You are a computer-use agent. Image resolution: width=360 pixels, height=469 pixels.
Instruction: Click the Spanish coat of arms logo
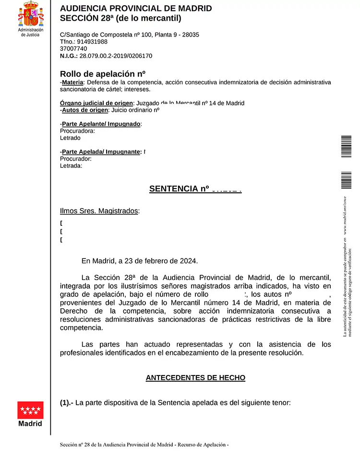pos(31,14)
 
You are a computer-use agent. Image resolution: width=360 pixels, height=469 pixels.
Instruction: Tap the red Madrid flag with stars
pos(30,410)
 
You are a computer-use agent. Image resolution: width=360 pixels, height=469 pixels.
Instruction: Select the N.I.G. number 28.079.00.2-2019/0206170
pos(116,56)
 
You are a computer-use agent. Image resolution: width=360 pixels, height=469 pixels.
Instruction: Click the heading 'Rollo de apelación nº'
pos(102,74)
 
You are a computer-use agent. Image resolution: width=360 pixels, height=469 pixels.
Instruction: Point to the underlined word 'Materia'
pos(72,82)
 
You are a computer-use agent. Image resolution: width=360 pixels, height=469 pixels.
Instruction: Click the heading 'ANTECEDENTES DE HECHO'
pos(195,378)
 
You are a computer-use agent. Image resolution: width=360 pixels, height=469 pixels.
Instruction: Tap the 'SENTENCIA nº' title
pos(180,189)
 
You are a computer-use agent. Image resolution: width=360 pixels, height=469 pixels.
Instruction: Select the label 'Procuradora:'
pos(77,131)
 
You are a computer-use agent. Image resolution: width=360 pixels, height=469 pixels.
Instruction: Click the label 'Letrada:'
pos(71,166)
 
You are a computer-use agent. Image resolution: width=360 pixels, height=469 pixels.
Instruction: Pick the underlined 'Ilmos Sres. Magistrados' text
pos(99,211)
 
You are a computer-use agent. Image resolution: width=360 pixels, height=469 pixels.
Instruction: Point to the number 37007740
pos(73,48)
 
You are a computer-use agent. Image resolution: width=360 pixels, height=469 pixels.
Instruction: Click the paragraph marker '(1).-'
pos(67,403)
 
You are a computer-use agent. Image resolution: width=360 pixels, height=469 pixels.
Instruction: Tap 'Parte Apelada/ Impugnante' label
pos(101,152)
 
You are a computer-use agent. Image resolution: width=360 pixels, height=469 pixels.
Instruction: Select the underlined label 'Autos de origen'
pos(85,110)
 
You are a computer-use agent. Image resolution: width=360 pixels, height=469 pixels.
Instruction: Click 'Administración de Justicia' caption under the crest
pos(30,32)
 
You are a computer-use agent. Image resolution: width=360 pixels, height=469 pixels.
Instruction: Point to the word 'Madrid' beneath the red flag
pos(30,423)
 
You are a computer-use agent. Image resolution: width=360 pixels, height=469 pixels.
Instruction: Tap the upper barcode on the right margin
pos(346,146)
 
